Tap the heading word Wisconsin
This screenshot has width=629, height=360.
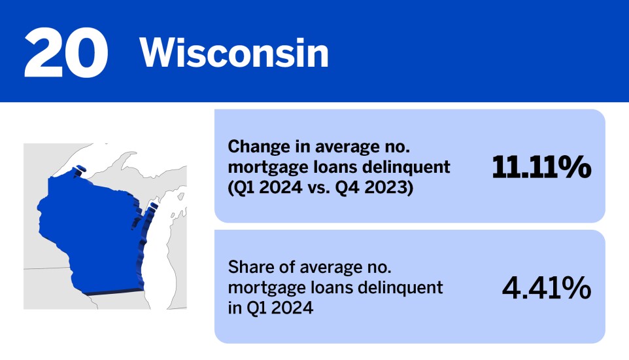233,53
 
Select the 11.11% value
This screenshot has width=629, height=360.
541,168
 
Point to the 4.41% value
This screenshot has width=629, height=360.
547,288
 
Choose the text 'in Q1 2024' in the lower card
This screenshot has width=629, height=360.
270,307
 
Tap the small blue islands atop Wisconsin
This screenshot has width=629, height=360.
80,170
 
